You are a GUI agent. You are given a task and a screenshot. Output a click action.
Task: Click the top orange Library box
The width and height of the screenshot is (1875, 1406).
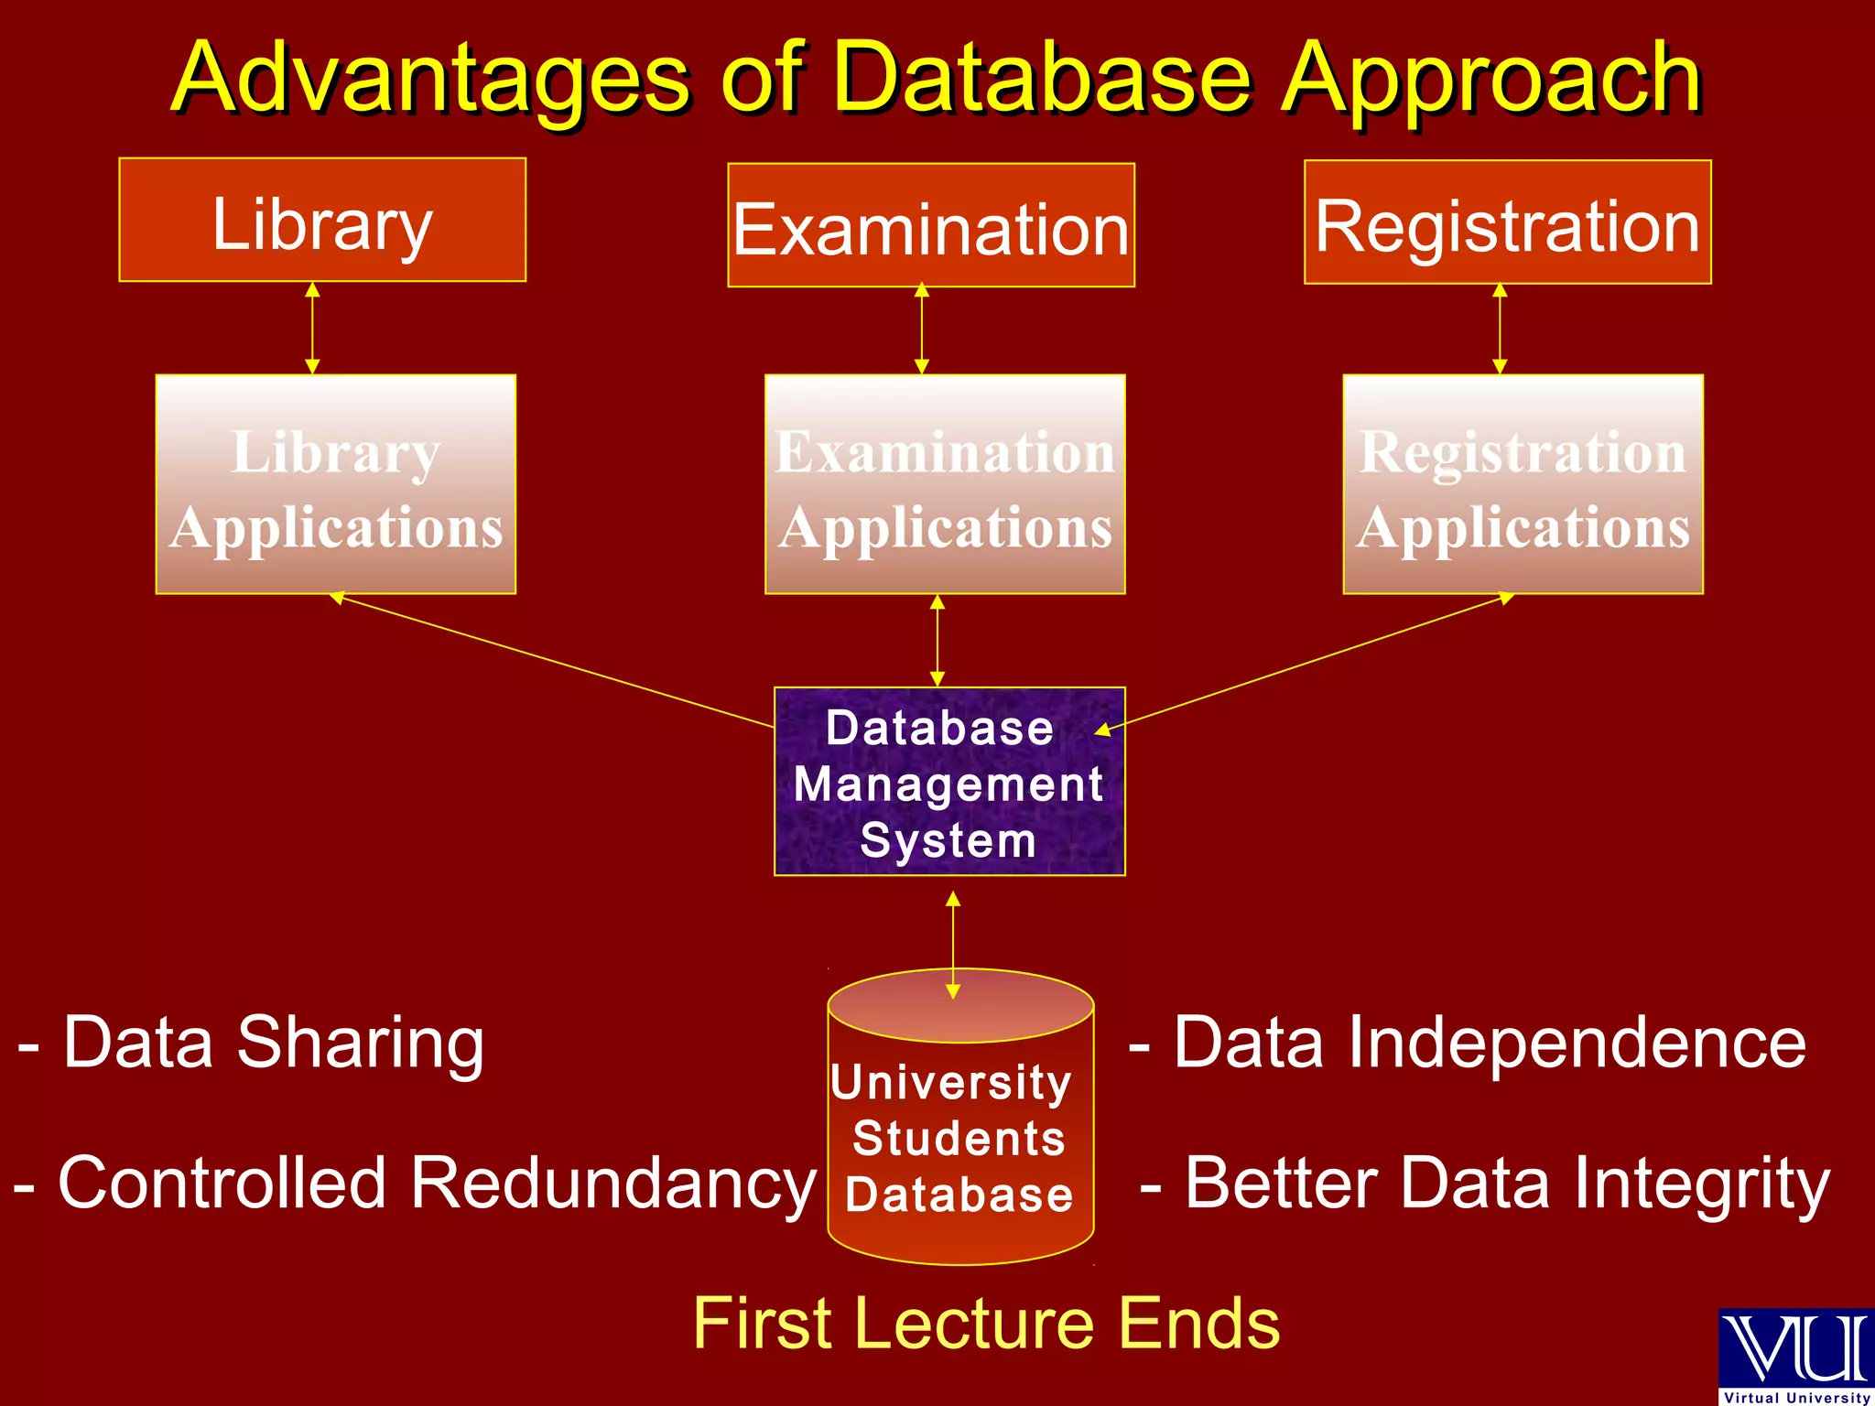[322, 220]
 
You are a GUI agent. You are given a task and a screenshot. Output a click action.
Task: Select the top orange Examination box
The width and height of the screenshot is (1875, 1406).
[931, 225]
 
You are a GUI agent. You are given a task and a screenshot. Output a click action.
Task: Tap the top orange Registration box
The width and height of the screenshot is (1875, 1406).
[1507, 222]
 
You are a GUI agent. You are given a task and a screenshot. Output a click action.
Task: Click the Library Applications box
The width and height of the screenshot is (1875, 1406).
[335, 484]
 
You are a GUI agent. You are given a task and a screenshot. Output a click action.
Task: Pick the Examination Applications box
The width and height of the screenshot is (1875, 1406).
[945, 484]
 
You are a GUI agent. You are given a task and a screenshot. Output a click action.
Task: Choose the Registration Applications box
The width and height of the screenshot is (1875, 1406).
[1523, 484]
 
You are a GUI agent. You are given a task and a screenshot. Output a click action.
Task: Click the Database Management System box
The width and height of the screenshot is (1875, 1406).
[949, 782]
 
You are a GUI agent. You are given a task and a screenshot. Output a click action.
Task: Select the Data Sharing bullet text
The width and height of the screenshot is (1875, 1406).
[252, 1043]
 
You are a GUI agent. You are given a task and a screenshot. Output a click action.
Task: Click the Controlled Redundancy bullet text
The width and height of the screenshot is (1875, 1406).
[414, 1184]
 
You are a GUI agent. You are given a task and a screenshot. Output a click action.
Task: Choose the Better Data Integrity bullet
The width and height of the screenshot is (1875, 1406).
[1484, 1184]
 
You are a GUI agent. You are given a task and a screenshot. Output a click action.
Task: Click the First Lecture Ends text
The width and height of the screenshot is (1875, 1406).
[986, 1324]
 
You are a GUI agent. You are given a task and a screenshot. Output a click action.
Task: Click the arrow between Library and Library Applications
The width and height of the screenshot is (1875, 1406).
[312, 328]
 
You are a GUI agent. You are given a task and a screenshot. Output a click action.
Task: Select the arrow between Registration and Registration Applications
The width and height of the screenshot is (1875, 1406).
[1500, 328]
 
